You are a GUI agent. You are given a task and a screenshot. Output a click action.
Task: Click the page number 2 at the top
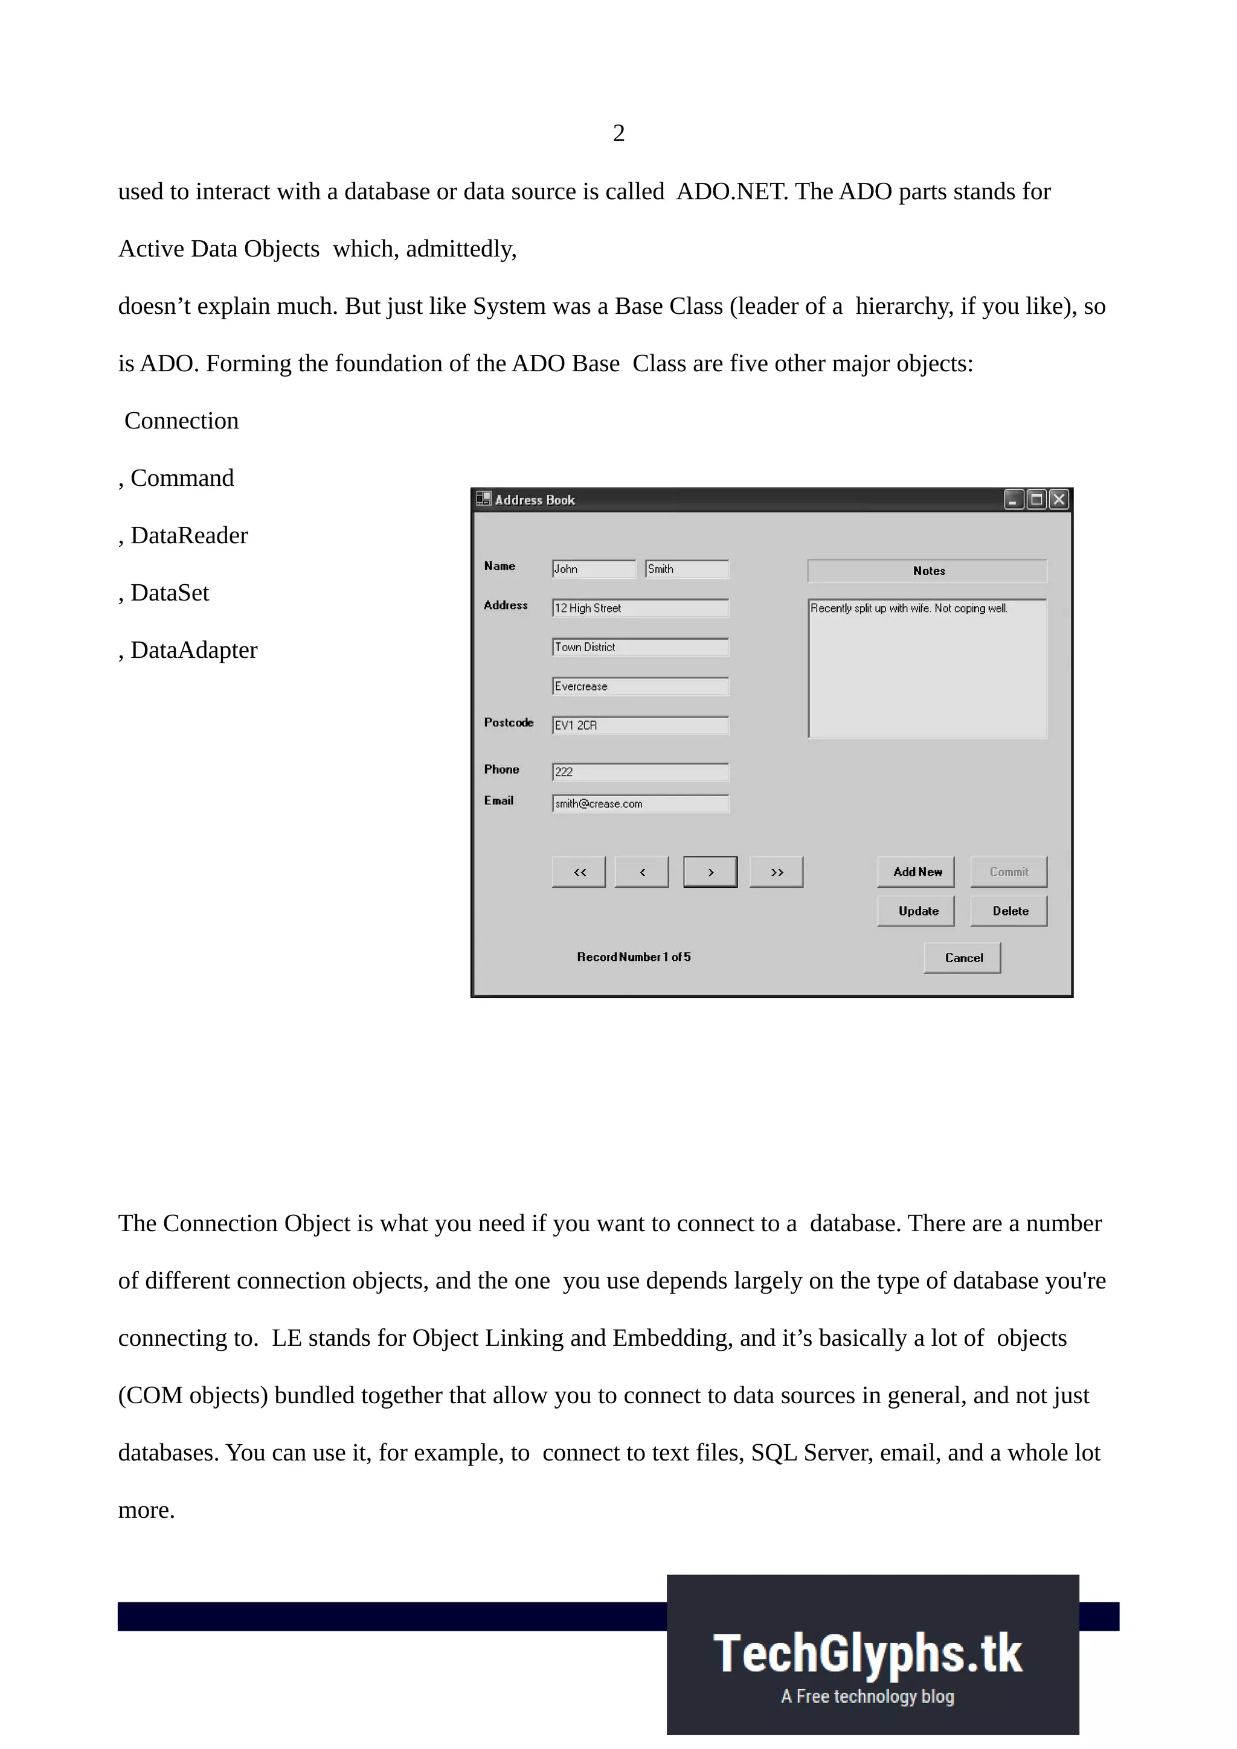coord(618,133)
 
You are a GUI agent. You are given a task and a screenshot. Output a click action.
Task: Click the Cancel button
coord(961,958)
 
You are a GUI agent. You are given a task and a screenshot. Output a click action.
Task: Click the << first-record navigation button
coord(579,871)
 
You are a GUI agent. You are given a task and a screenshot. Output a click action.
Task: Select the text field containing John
coord(593,569)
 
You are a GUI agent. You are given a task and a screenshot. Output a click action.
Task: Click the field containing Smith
coord(686,569)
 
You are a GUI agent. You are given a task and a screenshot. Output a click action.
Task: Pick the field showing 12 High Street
coord(640,608)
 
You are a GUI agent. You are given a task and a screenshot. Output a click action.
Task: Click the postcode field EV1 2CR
coord(640,725)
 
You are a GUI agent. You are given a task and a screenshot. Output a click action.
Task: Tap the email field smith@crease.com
coord(640,804)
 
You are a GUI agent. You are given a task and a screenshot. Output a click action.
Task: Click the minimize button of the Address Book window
coord(1013,500)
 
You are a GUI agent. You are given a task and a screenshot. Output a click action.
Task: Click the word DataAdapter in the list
coord(194,650)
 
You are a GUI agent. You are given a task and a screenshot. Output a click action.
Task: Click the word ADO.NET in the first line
coord(730,191)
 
